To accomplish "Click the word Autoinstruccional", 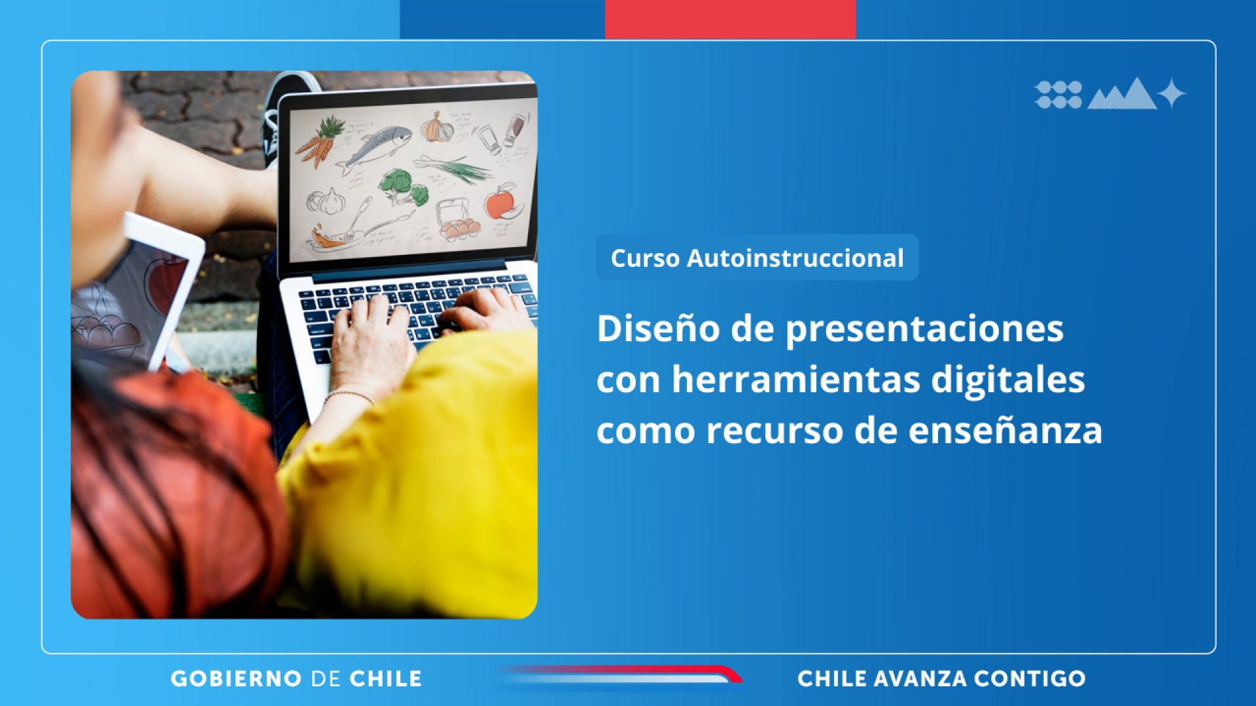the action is tap(795, 258).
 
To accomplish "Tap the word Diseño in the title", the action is tap(657, 328).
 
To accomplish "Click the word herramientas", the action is tap(795, 379).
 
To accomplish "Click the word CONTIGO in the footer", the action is tap(1030, 679).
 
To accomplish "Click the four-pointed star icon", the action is tap(1172, 93).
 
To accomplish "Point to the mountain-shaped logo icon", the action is tap(1122, 94).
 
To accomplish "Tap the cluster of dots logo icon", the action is tap(1058, 95).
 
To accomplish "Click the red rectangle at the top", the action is tap(730, 19).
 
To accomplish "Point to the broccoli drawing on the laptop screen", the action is tap(404, 187).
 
